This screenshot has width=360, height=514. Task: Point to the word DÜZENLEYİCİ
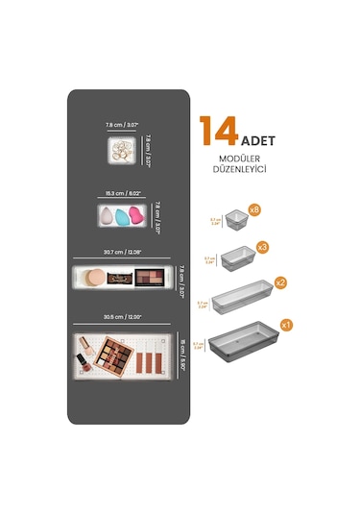tap(236, 168)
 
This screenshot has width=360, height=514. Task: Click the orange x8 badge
tap(254, 208)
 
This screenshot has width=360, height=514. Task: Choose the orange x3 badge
tap(262, 247)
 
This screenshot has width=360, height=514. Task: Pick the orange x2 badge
tap(280, 282)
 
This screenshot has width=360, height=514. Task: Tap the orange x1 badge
tap(285, 325)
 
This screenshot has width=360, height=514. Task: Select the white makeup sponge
tap(104, 214)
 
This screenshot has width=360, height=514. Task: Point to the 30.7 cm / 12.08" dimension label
tap(122, 253)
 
